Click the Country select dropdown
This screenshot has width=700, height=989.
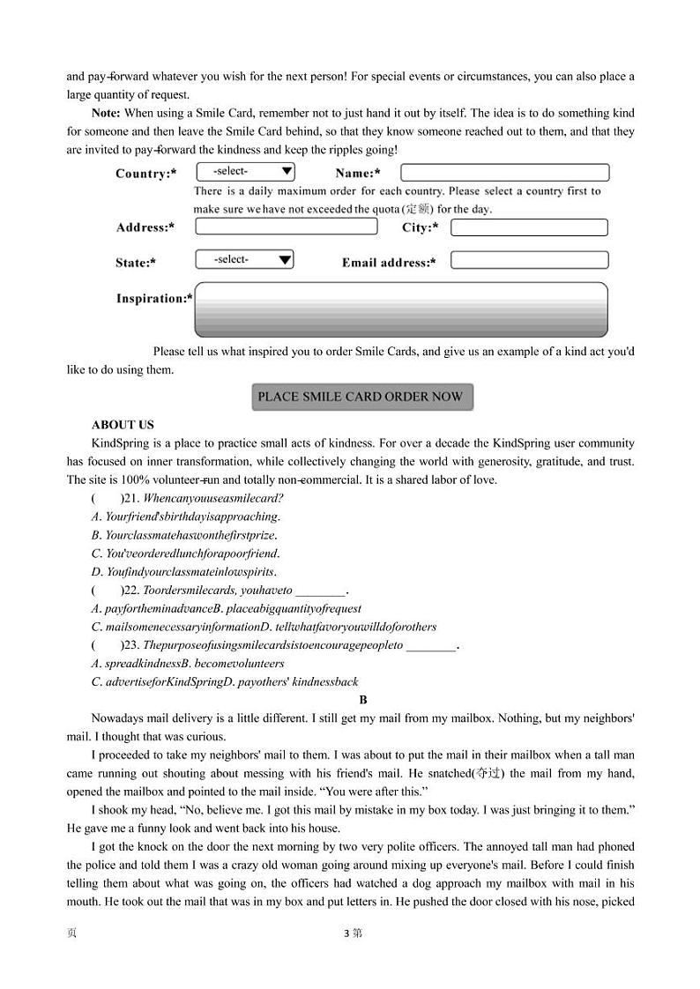click(245, 172)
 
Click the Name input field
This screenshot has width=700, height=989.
click(504, 173)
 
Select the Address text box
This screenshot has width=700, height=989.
click(286, 227)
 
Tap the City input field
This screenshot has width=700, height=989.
click(529, 227)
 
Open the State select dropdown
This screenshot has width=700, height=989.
click(244, 260)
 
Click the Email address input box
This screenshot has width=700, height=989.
click(529, 260)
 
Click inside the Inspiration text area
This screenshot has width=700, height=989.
click(400, 309)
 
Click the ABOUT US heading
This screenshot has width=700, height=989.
click(123, 425)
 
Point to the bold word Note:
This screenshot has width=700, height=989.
click(107, 113)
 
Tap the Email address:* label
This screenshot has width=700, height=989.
click(389, 263)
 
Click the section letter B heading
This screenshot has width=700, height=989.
click(363, 700)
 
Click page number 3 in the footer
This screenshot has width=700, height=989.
click(348, 933)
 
